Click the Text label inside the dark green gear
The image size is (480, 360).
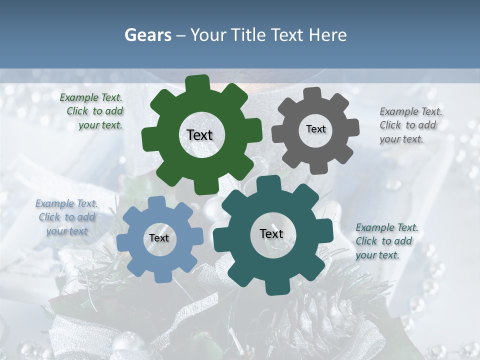tap(200, 135)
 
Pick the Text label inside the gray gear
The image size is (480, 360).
tap(315, 129)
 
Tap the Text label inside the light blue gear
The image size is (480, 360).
tap(159, 238)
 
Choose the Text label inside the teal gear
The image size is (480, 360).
tap(271, 233)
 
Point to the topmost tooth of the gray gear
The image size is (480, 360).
tap(313, 92)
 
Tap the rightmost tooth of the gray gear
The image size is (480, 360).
tap(354, 127)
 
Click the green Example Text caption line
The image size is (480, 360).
tap(91, 97)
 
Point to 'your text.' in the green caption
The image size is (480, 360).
tap(100, 125)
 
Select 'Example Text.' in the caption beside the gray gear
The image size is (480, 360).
tap(411, 111)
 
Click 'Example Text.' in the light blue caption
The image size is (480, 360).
tap(66, 203)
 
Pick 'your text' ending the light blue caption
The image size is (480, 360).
tap(67, 231)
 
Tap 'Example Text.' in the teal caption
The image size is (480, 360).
tap(387, 227)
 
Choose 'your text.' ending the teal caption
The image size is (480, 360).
tap(377, 255)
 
